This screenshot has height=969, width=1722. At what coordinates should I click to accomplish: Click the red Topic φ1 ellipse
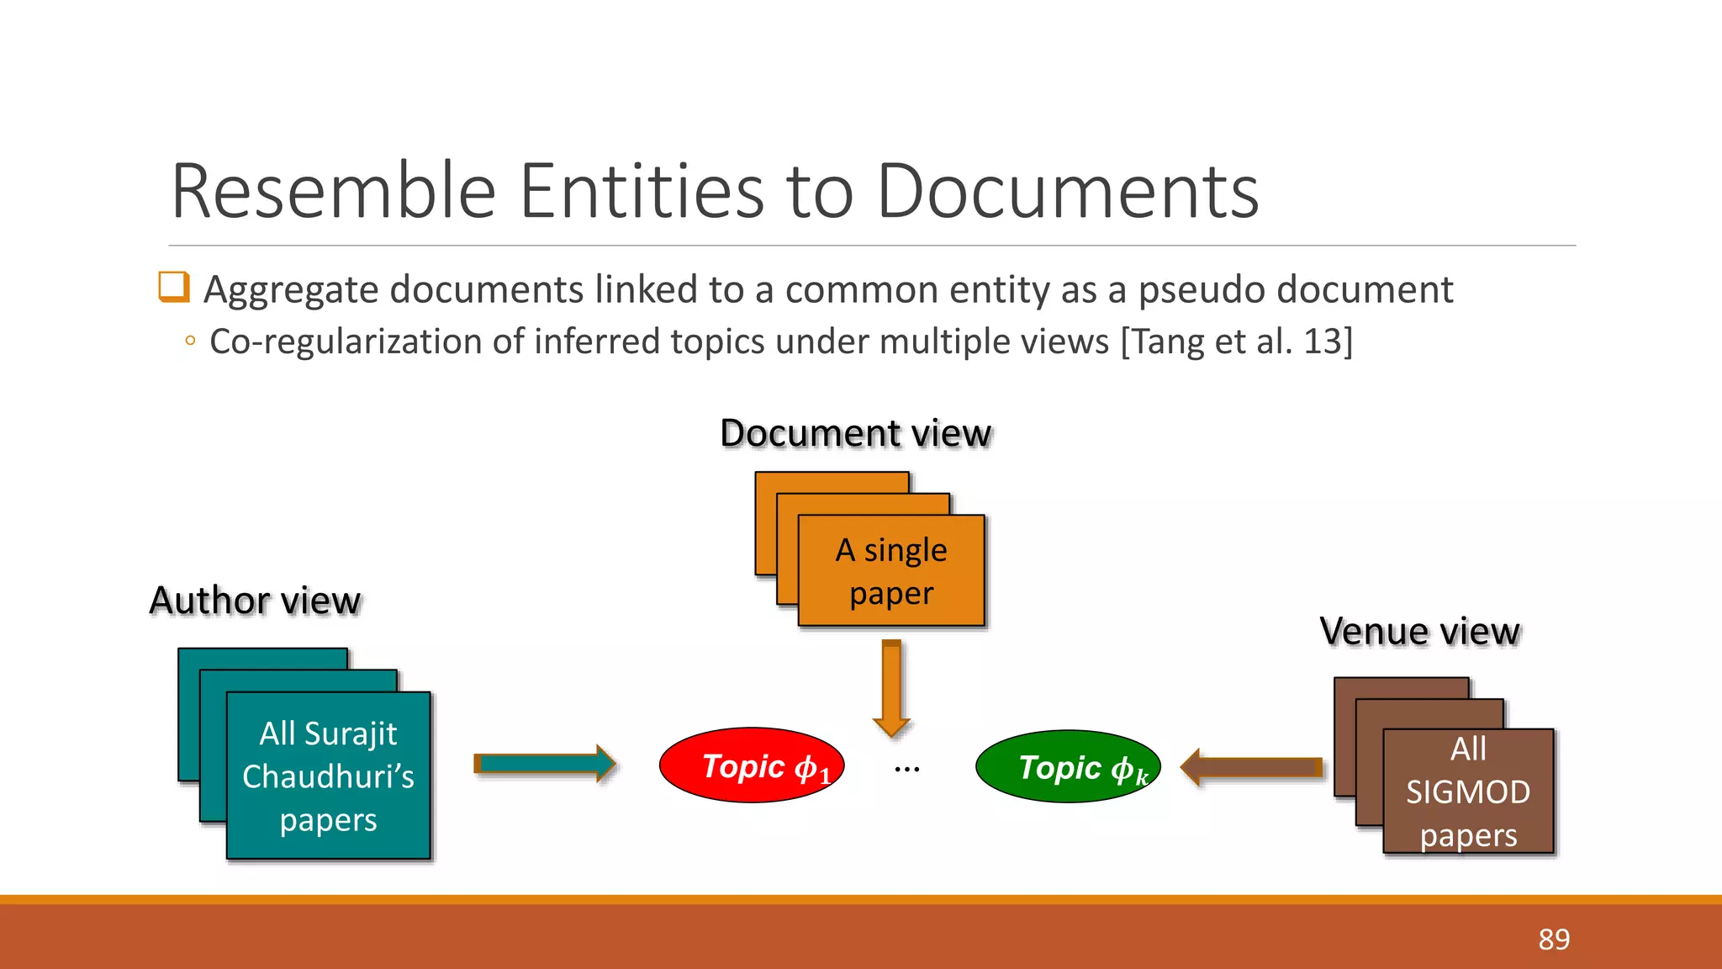pos(752,765)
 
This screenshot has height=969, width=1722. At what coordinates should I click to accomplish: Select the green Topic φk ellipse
pos(1068,766)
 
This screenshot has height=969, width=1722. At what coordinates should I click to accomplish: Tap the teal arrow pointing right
pos(545,764)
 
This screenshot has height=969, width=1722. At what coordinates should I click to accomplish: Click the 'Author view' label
pos(255,601)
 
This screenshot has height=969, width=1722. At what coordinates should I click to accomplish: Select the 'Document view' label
pos(856,433)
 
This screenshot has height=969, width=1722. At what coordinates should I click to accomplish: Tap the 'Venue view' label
pos(1419,631)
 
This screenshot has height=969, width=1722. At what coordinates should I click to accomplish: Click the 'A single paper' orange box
pos(891,571)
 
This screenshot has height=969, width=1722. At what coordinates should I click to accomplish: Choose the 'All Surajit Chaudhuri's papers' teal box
pos(329,776)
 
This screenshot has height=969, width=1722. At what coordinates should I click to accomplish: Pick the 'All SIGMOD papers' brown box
pos(1468,792)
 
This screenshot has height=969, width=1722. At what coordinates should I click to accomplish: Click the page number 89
pos(1554,939)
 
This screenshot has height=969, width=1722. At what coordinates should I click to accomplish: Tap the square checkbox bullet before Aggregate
pos(174,287)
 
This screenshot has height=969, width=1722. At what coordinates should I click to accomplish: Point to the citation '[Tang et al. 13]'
pos(1237,342)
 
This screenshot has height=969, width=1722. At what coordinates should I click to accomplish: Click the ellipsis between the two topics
pos(907,769)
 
